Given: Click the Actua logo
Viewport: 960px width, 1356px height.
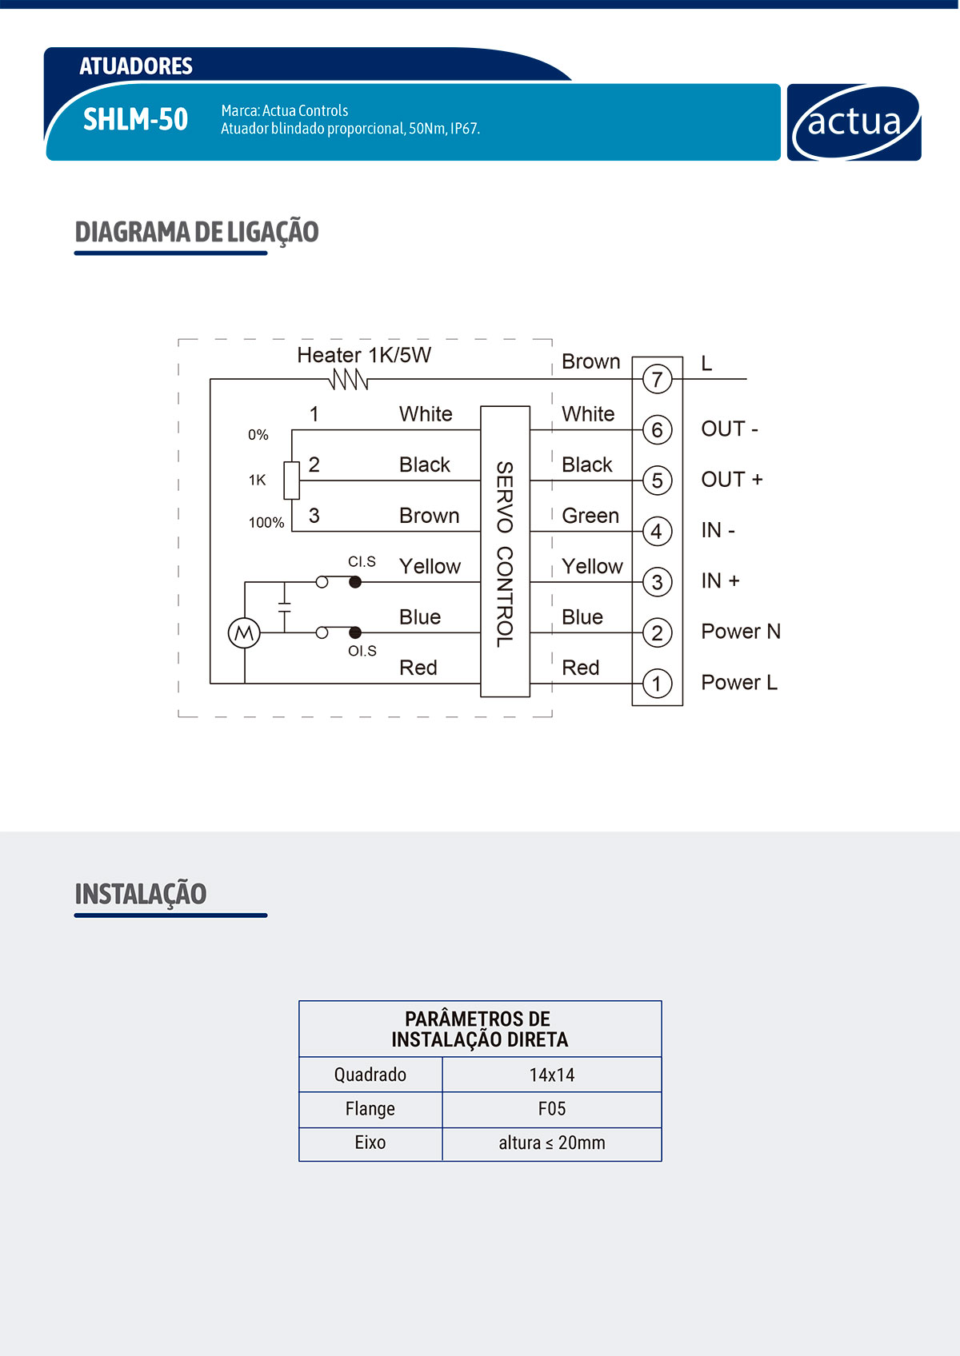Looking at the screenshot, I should [x=854, y=122].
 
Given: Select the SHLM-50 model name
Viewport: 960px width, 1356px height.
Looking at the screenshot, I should [x=135, y=120].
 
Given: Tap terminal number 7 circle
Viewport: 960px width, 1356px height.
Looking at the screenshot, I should [x=657, y=379].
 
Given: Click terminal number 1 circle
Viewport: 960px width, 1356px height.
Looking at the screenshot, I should [x=657, y=684].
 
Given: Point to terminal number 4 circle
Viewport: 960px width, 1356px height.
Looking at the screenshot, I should [x=657, y=531].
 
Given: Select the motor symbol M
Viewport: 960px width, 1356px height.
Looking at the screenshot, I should [x=244, y=633].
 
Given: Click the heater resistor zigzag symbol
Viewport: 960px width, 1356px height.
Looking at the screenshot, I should [x=349, y=379].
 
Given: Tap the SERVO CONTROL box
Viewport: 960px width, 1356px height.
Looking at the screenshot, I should [x=505, y=552].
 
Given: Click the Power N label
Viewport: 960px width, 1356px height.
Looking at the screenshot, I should [x=740, y=632].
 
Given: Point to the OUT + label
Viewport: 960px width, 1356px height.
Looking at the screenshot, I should [x=731, y=480].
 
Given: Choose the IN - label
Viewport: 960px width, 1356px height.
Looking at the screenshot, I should [x=718, y=530].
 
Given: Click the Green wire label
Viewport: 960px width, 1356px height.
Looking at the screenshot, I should [x=590, y=516].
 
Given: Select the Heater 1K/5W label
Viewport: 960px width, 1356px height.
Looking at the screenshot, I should [x=364, y=355].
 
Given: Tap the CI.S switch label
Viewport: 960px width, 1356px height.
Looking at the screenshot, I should [x=362, y=562].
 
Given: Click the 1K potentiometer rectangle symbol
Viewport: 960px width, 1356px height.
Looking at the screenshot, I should [x=292, y=480].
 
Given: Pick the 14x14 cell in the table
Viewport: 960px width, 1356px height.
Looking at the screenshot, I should [x=552, y=1075].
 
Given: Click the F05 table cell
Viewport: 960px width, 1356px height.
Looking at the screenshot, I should [x=552, y=1109].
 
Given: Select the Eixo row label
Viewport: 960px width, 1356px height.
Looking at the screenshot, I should [x=370, y=1143].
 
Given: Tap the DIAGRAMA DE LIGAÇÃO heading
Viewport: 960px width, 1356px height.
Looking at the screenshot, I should [x=197, y=232].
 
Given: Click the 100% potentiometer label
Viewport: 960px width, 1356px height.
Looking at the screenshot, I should [x=266, y=523].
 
